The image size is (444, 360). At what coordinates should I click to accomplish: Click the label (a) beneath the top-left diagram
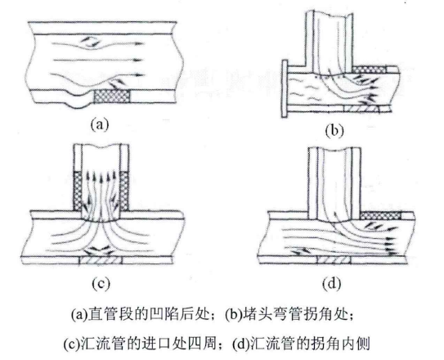pyautogui.click(x=100, y=124)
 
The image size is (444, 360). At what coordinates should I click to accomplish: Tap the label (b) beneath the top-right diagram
pyautogui.click(x=334, y=131)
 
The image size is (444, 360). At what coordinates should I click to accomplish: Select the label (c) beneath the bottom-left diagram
pyautogui.click(x=101, y=283)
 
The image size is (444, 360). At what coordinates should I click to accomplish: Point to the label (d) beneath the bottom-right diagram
pyautogui.click(x=332, y=283)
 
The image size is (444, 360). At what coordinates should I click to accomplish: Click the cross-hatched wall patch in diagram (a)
pyautogui.click(x=112, y=97)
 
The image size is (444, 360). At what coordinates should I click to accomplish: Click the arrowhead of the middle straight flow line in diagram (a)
pyautogui.click(x=138, y=60)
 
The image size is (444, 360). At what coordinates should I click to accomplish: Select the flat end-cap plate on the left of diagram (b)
pyautogui.click(x=285, y=88)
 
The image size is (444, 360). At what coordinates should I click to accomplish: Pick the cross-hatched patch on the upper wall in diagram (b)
pyautogui.click(x=370, y=69)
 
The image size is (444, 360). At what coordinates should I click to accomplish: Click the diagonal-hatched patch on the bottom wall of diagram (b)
pyautogui.click(x=361, y=109)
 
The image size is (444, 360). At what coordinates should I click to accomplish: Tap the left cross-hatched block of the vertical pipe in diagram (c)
pyautogui.click(x=78, y=191)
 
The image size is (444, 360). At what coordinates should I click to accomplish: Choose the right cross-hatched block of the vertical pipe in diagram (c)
pyautogui.click(x=124, y=191)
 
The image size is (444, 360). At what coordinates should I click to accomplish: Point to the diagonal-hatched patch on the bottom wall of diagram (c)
pyautogui.click(x=101, y=260)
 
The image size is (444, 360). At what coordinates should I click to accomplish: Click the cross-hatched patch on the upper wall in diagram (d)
pyautogui.click(x=381, y=216)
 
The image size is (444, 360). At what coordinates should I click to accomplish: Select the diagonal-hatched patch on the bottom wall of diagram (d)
pyautogui.click(x=334, y=259)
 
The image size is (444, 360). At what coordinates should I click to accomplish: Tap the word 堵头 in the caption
pyautogui.click(x=258, y=314)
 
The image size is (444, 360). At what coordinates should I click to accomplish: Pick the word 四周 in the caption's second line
pyautogui.click(x=201, y=344)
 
